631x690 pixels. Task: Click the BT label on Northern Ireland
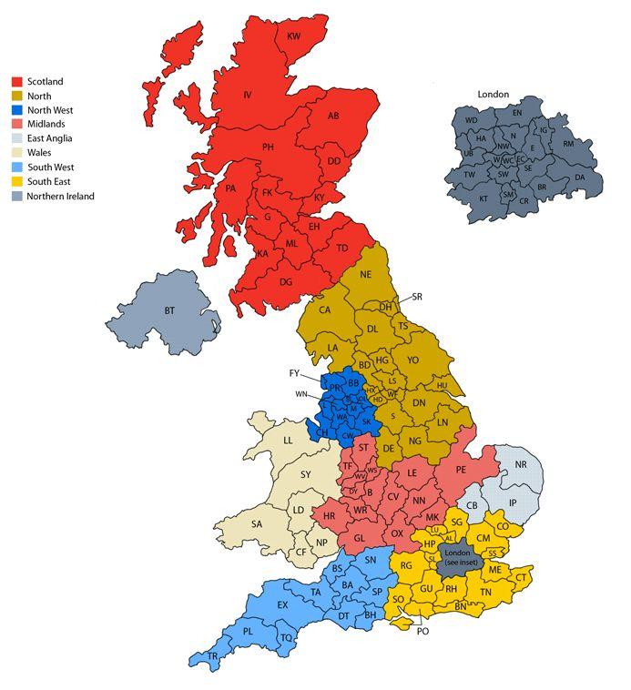[169, 311]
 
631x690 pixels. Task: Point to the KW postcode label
[293, 36]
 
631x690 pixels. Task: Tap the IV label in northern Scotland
[246, 95]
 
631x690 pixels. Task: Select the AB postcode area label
[333, 116]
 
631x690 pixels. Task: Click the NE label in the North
[366, 274]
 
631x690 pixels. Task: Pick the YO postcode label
[413, 360]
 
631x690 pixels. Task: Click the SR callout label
[417, 297]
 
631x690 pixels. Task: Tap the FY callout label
[294, 373]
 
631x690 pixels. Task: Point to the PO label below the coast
[422, 631]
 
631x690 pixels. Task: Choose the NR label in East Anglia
[521, 465]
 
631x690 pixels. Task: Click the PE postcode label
[461, 470]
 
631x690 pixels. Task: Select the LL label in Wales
[288, 441]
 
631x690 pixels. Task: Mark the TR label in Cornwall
[212, 656]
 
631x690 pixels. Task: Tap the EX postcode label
[282, 605]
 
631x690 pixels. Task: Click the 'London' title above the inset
[493, 95]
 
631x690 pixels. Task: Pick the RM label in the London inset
[568, 144]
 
